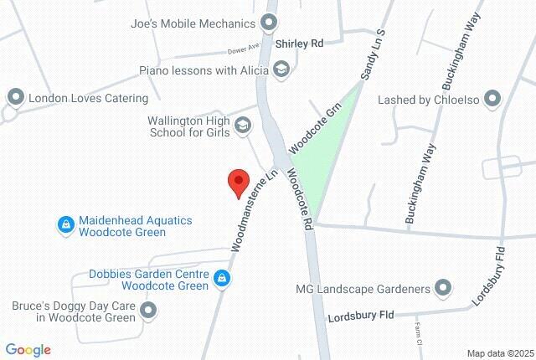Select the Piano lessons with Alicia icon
click(281, 70)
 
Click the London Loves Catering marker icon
click(15, 98)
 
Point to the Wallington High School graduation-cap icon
click(243, 126)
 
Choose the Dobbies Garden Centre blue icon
click(221, 277)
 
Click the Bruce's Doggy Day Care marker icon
click(149, 311)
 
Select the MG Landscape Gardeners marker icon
click(443, 290)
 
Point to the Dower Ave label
click(241, 49)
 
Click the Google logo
click(28, 350)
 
